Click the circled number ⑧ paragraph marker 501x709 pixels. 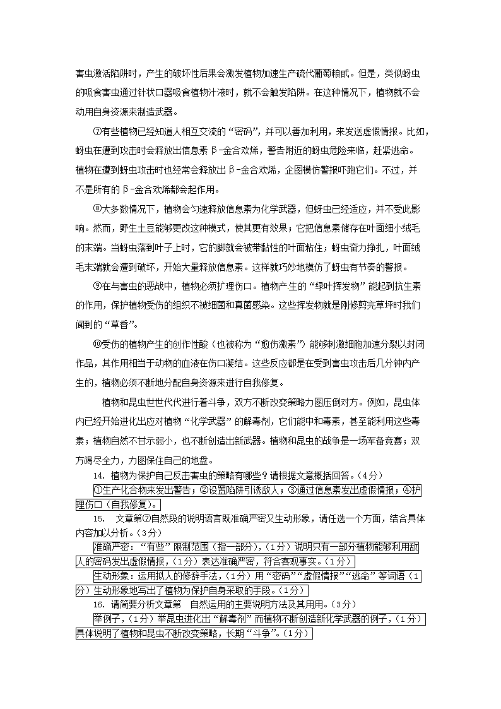(x=97, y=209)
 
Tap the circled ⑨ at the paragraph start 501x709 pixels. (x=97, y=285)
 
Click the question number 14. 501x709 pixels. (x=98, y=475)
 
